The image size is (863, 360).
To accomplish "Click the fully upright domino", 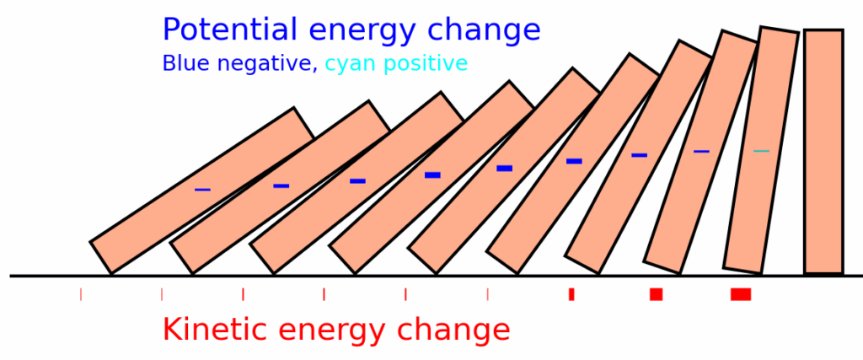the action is (823, 152).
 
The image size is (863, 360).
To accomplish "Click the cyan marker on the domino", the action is (761, 151).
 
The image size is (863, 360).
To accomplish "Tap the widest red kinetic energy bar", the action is (741, 294).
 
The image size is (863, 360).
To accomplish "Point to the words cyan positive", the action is (396, 64).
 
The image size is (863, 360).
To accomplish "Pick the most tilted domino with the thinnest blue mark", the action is (202, 191).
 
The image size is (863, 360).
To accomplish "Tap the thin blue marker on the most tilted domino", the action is (202, 190).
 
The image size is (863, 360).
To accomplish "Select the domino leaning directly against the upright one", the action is (761, 150).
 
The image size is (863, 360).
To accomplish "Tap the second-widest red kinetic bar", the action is (656, 294).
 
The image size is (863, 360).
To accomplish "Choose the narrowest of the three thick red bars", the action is (572, 294).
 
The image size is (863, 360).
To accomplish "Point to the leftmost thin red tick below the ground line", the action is (81, 294).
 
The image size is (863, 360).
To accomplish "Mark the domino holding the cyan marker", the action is (761, 150).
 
